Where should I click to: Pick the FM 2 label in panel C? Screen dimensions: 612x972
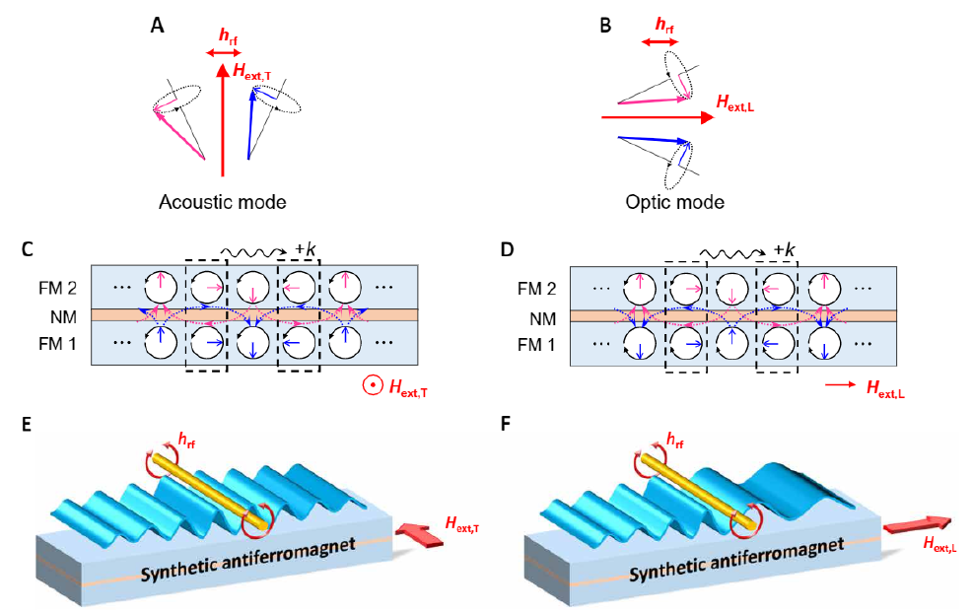click(52, 292)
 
